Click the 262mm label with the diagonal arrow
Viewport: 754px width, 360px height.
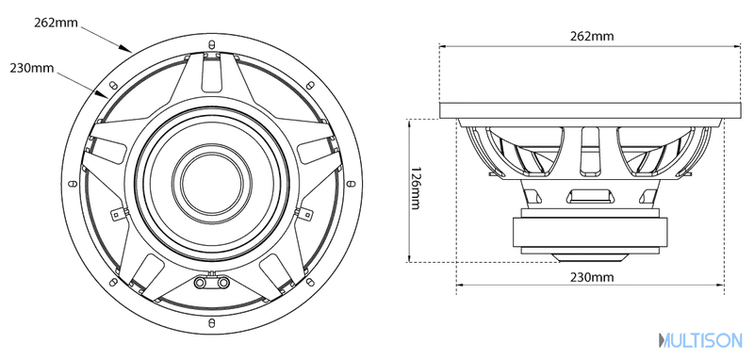[x=56, y=23]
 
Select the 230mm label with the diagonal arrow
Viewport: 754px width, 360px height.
[x=32, y=68]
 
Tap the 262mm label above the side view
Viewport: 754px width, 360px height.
[x=592, y=36]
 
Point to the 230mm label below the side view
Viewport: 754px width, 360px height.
[x=592, y=277]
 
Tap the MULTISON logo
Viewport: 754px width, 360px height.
[x=700, y=340]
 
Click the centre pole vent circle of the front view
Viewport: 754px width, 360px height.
[x=211, y=183]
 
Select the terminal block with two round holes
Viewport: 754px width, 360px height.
[x=211, y=281]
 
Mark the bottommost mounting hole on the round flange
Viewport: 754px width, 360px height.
[x=211, y=322]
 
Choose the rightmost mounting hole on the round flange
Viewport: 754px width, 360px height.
[x=351, y=184]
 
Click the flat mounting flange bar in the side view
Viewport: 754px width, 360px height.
[x=590, y=110]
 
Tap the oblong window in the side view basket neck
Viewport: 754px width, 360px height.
[x=590, y=197]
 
